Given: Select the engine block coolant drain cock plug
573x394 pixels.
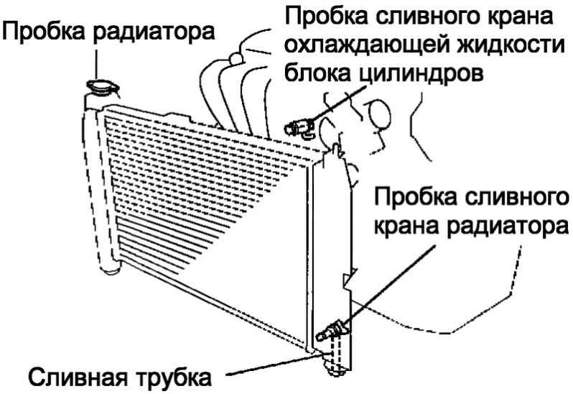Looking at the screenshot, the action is pos(299,128).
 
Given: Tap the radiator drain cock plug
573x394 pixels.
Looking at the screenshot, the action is pos(332,331).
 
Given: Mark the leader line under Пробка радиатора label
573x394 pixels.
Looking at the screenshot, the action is pos(96,65).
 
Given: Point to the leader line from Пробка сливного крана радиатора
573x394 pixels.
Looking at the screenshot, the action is pos(387,286).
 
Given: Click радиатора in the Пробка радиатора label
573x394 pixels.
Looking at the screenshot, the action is pos(154,32).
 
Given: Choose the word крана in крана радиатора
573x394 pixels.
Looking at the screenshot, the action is pos(406,226).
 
